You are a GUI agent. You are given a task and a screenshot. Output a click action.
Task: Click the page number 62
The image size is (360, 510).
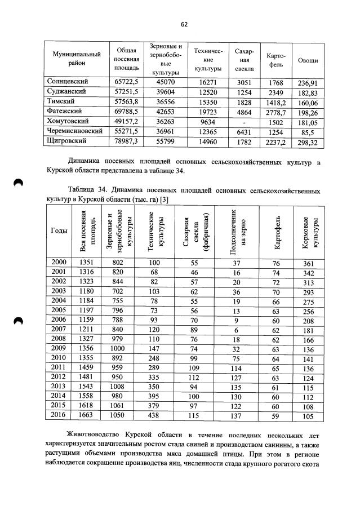point(184,24)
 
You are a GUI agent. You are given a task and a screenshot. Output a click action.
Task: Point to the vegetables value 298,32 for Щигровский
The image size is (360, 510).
point(307,142)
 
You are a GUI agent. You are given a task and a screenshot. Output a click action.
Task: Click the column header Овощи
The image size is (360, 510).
point(307,60)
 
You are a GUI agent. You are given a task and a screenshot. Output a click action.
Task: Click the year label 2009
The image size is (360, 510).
point(59,348)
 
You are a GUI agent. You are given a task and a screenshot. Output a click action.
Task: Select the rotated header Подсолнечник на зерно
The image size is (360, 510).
point(236,231)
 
